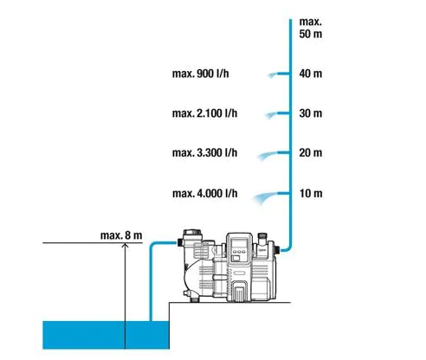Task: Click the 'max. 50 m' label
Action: tap(311, 28)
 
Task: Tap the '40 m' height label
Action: tap(311, 74)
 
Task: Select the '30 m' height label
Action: tap(311, 113)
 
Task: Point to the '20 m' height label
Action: tap(311, 152)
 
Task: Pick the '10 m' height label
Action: tap(311, 193)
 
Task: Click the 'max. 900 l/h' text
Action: tap(201, 74)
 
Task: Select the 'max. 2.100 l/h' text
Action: tap(204, 113)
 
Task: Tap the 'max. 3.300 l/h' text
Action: tap(204, 152)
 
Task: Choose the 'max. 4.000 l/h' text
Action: tap(205, 193)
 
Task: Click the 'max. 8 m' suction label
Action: tap(121, 235)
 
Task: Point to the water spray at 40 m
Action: tap(272, 75)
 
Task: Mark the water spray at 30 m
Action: tap(271, 115)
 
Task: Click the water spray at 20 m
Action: tap(267, 156)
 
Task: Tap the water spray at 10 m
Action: tap(264, 197)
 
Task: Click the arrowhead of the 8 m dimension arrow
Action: tap(125, 246)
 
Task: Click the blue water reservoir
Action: tap(106, 335)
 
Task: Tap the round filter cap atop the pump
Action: tap(192, 233)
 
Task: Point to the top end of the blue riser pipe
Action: tap(291, 20)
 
